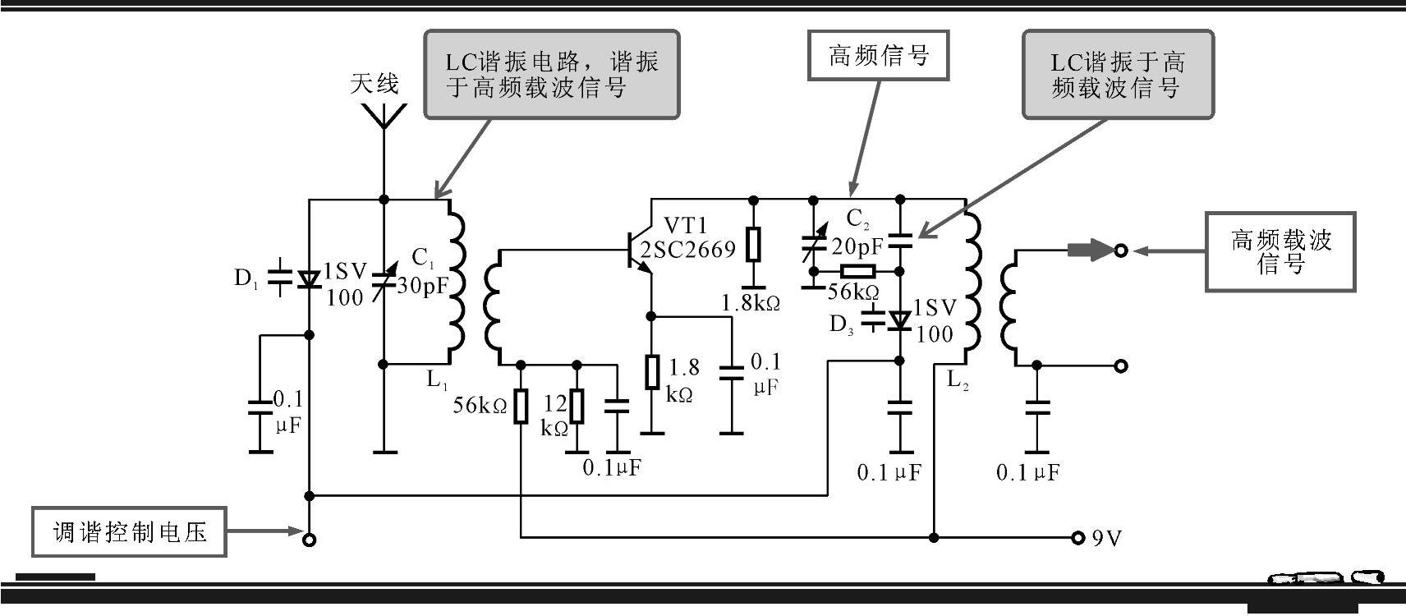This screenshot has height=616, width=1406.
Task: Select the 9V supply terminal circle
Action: pyautogui.click(x=1077, y=538)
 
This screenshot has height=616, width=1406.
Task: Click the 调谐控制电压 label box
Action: pyautogui.click(x=130, y=532)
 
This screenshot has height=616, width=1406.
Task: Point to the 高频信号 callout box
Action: pyautogui.click(x=878, y=56)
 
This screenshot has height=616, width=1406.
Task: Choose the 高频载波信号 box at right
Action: pyautogui.click(x=1280, y=251)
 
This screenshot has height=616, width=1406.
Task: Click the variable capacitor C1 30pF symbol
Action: pyautogui.click(x=383, y=279)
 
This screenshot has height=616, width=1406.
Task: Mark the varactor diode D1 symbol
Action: pyautogui.click(x=309, y=278)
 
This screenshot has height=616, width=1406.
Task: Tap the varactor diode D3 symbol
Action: pyautogui.click(x=899, y=319)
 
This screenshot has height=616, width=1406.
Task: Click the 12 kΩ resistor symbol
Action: pyautogui.click(x=577, y=407)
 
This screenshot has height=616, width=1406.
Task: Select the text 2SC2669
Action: pyautogui.click(x=688, y=250)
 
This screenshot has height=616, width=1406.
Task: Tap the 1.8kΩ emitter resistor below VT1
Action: pyautogui.click(x=652, y=371)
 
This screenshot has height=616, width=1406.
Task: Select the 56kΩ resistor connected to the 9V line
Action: pyautogui.click(x=521, y=407)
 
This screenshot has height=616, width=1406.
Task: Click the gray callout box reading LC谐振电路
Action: pyautogui.click(x=551, y=75)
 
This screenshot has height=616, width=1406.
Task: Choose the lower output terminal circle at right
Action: pyautogui.click(x=1122, y=365)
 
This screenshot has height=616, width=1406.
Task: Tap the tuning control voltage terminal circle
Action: pyautogui.click(x=310, y=540)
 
